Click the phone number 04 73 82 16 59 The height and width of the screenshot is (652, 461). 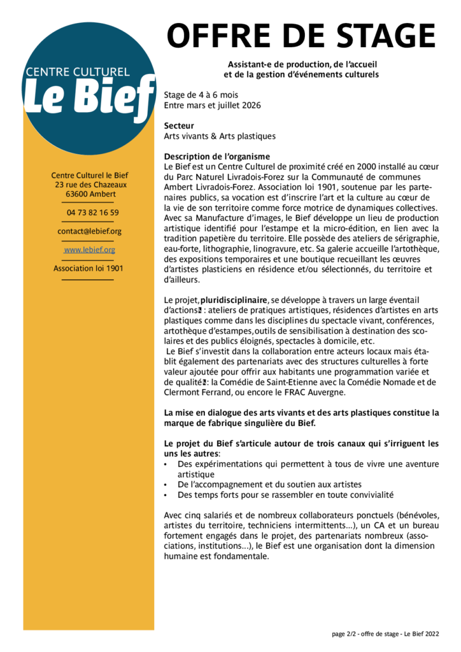tap(92, 213)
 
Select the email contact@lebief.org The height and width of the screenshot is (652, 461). tap(89, 231)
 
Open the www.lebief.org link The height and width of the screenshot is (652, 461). tap(89, 250)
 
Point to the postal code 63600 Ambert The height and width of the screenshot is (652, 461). tap(89, 194)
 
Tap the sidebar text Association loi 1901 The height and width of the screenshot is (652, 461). tap(89, 268)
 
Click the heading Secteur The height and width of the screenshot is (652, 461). tap(179, 126)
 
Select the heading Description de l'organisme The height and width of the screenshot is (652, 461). tap(216, 157)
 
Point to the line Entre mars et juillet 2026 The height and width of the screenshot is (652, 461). tap(212, 105)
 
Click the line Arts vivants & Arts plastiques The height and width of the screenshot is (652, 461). tap(220, 136)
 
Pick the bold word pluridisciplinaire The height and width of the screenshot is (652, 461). tap(234, 299)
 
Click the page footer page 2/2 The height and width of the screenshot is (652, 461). tap(385, 634)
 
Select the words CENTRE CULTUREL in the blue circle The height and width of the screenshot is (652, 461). tap(77, 72)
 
